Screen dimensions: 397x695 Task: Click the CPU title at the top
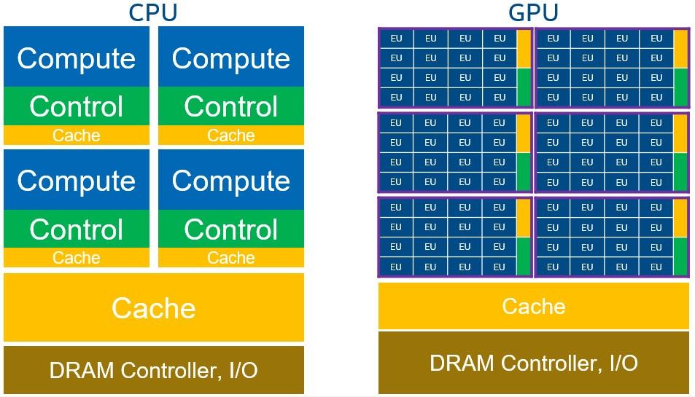tap(152, 12)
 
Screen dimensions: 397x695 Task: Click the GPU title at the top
tap(533, 12)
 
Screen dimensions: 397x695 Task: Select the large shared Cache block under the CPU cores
tap(154, 307)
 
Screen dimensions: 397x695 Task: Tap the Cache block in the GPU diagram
tap(533, 306)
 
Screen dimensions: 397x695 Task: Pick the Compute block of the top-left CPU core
tap(77, 58)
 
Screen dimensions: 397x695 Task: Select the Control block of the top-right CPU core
tap(230, 106)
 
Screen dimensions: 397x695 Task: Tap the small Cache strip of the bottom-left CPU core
tap(77, 257)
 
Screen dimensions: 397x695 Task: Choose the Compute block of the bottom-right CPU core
tap(230, 180)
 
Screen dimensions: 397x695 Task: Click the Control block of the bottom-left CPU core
tap(77, 229)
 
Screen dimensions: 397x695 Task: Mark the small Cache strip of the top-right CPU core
tap(230, 135)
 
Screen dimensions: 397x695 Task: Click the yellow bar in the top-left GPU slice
tap(524, 49)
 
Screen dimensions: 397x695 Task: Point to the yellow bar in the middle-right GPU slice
tap(680, 133)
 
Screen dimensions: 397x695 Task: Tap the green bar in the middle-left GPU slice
tap(524, 171)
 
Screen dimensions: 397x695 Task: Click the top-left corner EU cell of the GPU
tap(396, 39)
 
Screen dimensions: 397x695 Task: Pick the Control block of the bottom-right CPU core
tap(230, 229)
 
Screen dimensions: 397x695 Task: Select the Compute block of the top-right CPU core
tap(230, 58)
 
